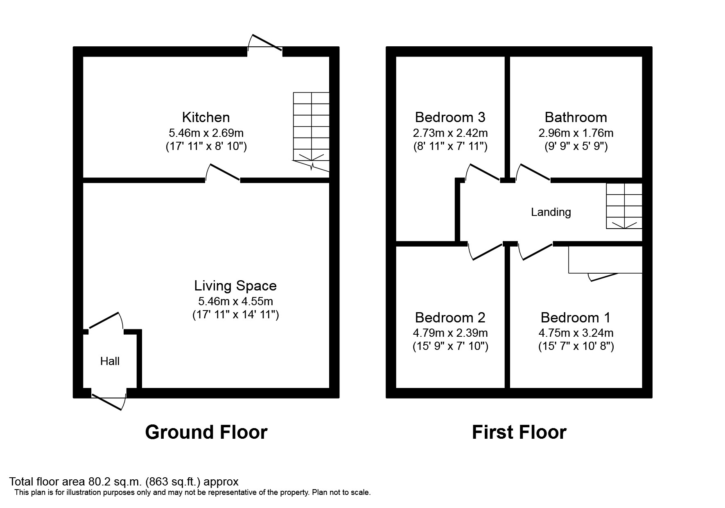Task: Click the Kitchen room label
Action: point(206,118)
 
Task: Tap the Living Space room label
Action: point(235,286)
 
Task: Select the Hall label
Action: point(110,361)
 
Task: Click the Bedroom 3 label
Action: point(450,118)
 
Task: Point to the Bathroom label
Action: point(576,118)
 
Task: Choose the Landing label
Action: point(551,212)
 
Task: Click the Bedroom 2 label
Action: point(450,318)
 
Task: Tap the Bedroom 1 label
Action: point(576,318)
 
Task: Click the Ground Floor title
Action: point(206,433)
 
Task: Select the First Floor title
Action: point(519,433)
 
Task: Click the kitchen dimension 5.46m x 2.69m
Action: point(206,133)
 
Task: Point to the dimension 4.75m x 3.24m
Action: point(576,333)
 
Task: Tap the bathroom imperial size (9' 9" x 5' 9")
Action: point(576,146)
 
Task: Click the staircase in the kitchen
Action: point(311,130)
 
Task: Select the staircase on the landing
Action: point(624,206)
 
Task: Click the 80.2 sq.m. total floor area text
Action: point(124,482)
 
